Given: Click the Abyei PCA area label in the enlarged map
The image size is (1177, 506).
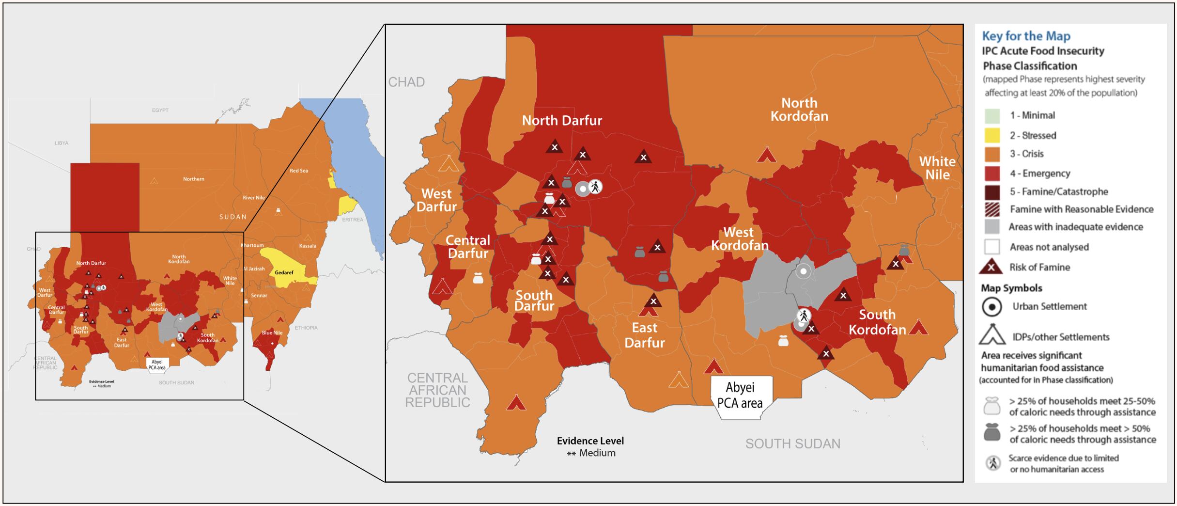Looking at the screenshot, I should coord(740,395).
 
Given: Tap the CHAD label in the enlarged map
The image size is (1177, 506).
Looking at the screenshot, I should coord(406,82).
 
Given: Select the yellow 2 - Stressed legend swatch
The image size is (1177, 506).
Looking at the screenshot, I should coord(991,135).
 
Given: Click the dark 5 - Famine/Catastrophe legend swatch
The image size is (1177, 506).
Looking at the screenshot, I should coord(991,191).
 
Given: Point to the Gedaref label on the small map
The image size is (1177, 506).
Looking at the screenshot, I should coord(284,272).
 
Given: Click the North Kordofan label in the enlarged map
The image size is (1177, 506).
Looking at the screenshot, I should coord(799,110).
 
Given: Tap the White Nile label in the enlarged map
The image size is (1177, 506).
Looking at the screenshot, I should coord(937,168).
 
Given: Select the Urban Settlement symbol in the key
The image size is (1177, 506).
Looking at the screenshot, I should coord(992,307).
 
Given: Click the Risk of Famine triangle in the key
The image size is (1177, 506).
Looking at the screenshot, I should coord(991,267).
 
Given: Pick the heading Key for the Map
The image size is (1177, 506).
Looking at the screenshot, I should coord(1026,36).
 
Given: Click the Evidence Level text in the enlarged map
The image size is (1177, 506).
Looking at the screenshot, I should coord(590,441).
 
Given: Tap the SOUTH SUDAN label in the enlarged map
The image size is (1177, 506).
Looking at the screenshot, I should coord(792,443).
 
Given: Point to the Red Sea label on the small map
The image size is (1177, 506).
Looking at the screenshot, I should coord(298,171).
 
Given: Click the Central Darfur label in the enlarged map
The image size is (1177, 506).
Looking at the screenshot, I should coord(468,247).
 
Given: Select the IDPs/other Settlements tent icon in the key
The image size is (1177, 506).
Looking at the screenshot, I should coord(992,334).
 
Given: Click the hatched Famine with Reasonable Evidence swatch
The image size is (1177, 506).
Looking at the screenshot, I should coord(991,209).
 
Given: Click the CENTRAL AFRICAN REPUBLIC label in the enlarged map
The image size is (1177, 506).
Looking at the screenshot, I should coord(437,390).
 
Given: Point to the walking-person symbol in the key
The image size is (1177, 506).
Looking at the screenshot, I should coord(993,463).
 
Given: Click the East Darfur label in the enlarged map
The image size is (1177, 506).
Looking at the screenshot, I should coord(644,335).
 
